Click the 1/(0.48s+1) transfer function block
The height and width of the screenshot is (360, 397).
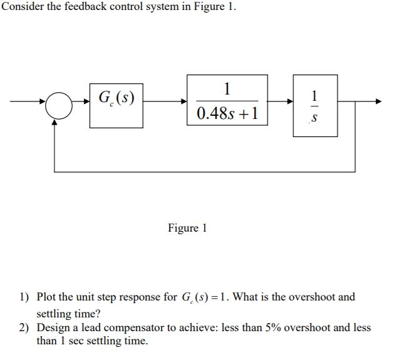(227, 101)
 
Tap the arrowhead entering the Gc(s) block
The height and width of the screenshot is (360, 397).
(85, 101)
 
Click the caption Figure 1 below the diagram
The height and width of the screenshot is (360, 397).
(187, 229)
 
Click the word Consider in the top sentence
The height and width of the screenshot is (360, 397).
(21, 7)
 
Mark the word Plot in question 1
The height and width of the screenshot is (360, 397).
(48, 297)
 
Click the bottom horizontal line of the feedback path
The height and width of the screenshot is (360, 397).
(207, 171)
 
